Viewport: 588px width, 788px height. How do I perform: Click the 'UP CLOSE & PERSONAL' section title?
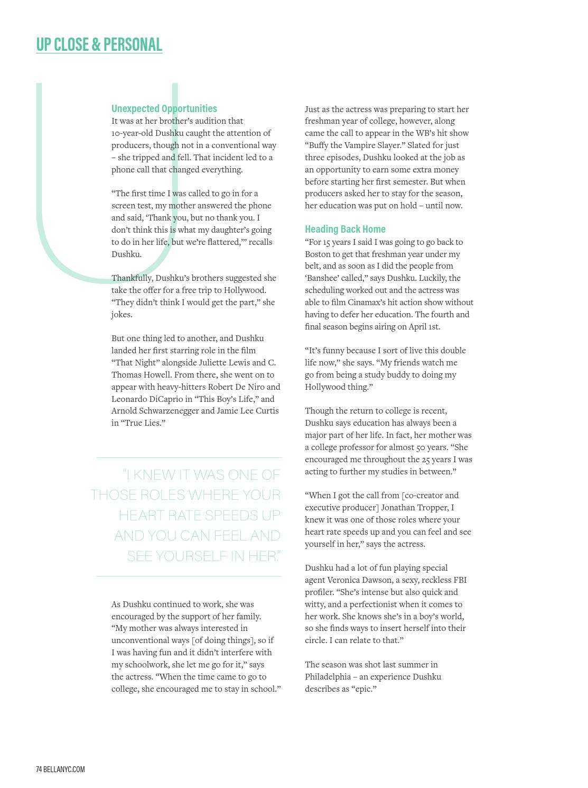click(x=99, y=44)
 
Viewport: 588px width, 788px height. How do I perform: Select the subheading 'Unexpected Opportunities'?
click(x=164, y=108)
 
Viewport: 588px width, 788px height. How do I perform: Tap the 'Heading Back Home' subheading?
click(x=345, y=229)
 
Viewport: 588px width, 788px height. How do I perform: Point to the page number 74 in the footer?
click(x=39, y=769)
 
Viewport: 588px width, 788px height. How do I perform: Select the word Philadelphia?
click(x=326, y=677)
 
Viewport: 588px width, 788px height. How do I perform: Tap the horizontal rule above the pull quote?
click(x=189, y=457)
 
